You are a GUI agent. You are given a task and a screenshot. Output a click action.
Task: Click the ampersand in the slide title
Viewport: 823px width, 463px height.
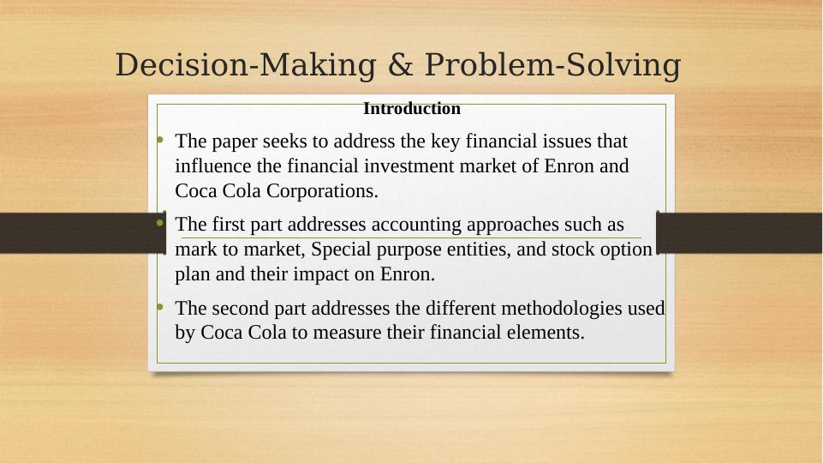[x=401, y=64]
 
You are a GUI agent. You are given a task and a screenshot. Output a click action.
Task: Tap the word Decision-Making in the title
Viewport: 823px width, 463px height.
[x=246, y=66]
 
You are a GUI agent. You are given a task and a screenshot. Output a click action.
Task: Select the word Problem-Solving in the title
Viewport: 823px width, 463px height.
[x=552, y=66]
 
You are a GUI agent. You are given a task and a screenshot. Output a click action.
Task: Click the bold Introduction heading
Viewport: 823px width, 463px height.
[x=412, y=108]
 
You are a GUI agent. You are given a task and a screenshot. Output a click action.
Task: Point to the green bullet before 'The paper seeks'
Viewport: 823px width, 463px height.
[x=160, y=139]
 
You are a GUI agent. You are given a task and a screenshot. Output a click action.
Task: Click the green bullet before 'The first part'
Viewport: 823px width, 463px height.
[x=160, y=223]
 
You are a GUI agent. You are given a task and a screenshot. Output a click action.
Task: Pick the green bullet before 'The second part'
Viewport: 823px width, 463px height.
[x=160, y=306]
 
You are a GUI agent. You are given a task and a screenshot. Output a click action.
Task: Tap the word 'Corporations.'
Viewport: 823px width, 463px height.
[x=322, y=191]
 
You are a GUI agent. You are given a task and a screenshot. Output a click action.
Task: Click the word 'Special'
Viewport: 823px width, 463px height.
[x=341, y=249]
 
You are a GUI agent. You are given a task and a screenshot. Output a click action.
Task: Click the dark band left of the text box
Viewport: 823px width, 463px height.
[x=83, y=233]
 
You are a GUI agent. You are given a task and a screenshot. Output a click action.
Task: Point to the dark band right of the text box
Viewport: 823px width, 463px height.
[x=740, y=233]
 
